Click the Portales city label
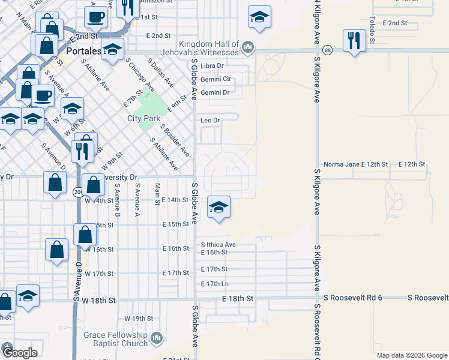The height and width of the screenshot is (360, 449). click(84, 51)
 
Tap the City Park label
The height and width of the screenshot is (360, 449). click(142, 118)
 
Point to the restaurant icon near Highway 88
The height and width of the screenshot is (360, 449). click(354, 41)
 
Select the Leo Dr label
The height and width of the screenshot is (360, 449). click(211, 121)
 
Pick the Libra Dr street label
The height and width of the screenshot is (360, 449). click(212, 65)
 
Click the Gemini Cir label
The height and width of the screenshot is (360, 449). click(216, 79)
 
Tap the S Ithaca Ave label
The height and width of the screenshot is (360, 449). click(218, 245)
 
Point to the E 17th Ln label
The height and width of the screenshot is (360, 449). click(215, 284)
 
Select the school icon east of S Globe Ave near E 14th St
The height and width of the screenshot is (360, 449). click(218, 208)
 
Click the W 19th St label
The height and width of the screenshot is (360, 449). click(134, 318)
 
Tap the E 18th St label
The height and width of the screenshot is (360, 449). click(238, 298)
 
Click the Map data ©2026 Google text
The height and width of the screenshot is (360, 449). click(412, 355)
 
